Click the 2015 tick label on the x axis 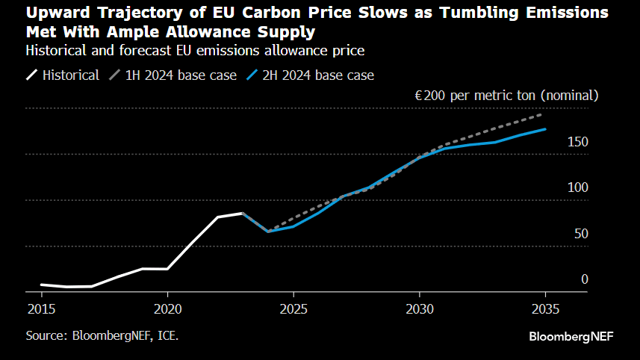tap(41, 308)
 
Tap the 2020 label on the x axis tap(167, 308)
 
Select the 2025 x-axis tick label tap(293, 308)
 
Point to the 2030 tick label tap(420, 308)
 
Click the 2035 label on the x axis tap(545, 308)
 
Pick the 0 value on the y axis tap(585, 279)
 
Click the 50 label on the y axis tap(581, 234)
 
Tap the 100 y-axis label tap(578, 188)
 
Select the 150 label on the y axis tap(578, 142)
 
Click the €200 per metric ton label tap(507, 96)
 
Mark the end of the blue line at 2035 tap(545, 129)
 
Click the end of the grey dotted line tap(541, 114)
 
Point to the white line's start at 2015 tap(41, 285)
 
